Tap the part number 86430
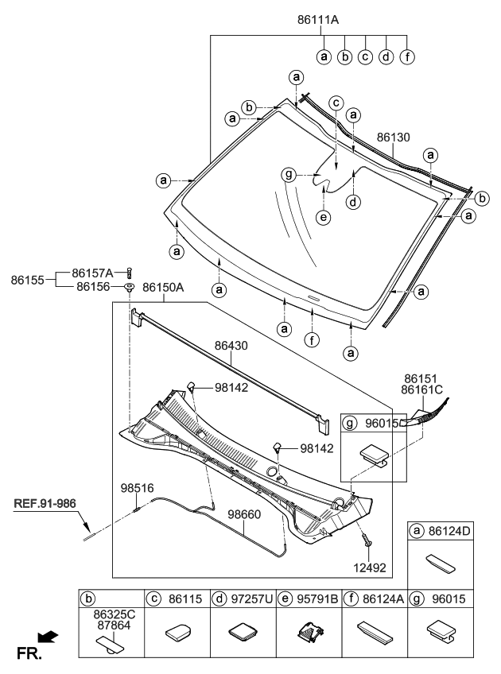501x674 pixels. point(231,347)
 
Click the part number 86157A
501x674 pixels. point(94,273)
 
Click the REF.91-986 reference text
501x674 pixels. point(46,503)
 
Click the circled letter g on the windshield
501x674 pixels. point(289,175)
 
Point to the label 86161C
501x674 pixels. point(422,391)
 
